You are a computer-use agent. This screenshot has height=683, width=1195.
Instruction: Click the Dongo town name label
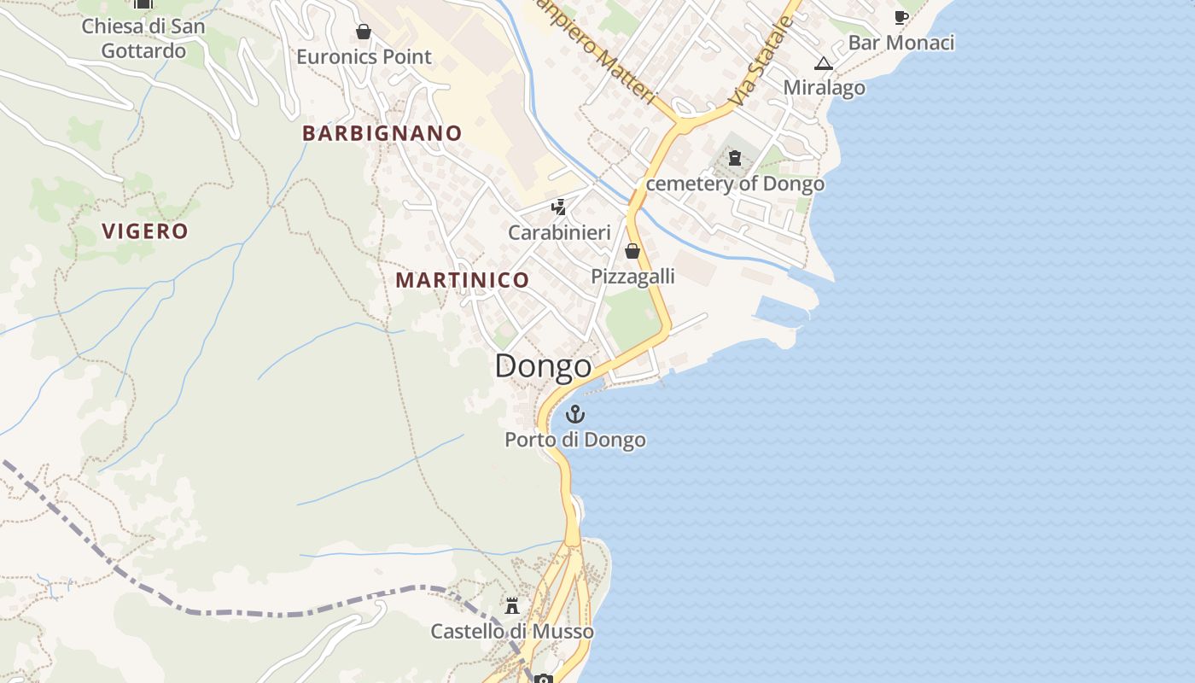(543, 366)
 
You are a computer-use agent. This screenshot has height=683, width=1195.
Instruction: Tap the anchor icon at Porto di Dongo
(576, 415)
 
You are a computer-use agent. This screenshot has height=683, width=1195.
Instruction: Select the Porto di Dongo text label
(575, 441)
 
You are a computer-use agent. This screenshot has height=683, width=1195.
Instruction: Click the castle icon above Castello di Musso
(512, 607)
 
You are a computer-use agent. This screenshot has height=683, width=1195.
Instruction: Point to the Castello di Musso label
(512, 632)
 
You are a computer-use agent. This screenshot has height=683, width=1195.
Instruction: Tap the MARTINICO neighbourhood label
(462, 280)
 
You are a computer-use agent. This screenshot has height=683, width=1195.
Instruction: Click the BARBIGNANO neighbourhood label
(382, 133)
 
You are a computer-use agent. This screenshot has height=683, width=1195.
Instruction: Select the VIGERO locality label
(145, 231)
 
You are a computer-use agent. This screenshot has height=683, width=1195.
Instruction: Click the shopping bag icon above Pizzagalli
(632, 251)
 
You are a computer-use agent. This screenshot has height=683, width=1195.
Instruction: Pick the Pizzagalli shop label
(632, 276)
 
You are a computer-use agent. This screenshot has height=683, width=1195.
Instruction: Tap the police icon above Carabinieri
(559, 207)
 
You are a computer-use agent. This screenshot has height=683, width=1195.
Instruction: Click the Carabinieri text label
(559, 232)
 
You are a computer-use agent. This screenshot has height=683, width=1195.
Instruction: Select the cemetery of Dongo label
(735, 184)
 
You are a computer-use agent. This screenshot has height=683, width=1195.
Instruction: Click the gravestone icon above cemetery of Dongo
(735, 158)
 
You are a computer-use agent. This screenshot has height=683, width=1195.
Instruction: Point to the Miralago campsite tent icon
(823, 63)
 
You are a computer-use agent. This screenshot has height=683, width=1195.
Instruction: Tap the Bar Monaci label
(901, 43)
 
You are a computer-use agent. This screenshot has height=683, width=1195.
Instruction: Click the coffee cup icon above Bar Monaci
(901, 17)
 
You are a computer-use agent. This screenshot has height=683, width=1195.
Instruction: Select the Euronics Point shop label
(364, 57)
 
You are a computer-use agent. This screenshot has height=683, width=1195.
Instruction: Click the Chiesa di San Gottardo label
(143, 38)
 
